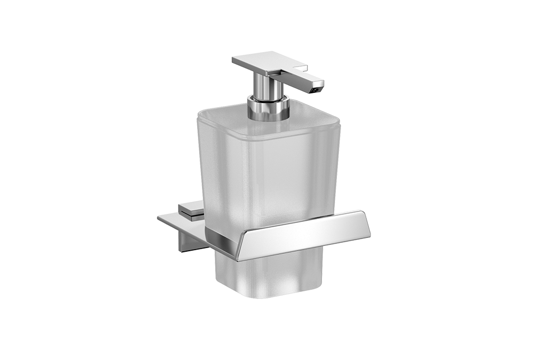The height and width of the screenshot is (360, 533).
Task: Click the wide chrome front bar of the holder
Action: (x=304, y=235)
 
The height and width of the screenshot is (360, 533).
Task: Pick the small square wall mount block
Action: (x=191, y=211)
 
